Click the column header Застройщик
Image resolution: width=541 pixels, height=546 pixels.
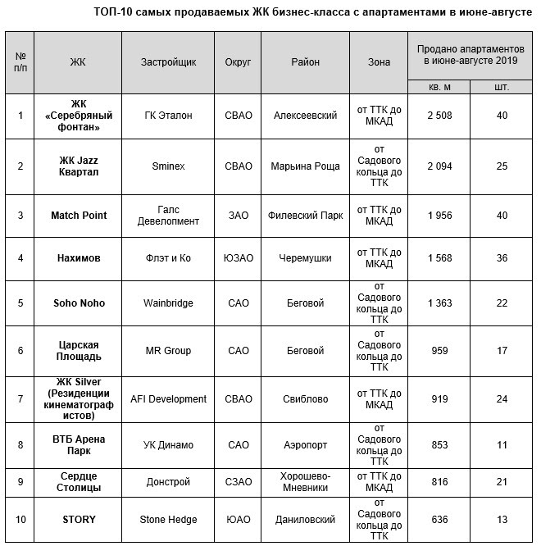pyautogui.click(x=168, y=62)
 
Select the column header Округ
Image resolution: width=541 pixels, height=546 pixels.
pyautogui.click(x=238, y=62)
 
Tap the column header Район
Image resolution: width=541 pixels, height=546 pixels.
pyautogui.click(x=305, y=62)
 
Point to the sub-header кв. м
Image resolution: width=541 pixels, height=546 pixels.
pyautogui.click(x=439, y=86)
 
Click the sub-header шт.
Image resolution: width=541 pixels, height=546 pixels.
pyautogui.click(x=501, y=86)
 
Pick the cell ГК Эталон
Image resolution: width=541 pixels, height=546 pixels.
pyautogui.click(x=168, y=116)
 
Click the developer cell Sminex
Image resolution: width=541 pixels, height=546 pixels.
pyautogui.click(x=168, y=166)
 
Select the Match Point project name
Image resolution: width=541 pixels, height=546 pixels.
pyautogui.click(x=79, y=216)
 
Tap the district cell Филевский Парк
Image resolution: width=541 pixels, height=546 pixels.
pyautogui.click(x=305, y=216)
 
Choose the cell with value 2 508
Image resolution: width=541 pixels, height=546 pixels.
pyautogui.click(x=439, y=116)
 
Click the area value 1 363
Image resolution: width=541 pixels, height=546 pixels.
pyautogui.click(x=439, y=303)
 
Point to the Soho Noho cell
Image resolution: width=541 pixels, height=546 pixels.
pyautogui.click(x=79, y=303)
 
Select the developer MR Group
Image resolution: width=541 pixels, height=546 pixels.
pyautogui.click(x=168, y=351)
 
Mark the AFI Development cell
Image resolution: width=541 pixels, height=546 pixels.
pyautogui.click(x=168, y=399)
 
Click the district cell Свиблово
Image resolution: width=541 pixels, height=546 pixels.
pyautogui.click(x=305, y=399)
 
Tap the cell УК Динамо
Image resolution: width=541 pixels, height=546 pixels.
pyautogui.click(x=168, y=445)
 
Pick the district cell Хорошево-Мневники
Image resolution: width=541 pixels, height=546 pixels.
pyautogui.click(x=305, y=481)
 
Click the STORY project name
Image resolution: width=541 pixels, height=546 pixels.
pyautogui.click(x=79, y=519)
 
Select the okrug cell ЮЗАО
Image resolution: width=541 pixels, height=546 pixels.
pyautogui.click(x=238, y=258)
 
